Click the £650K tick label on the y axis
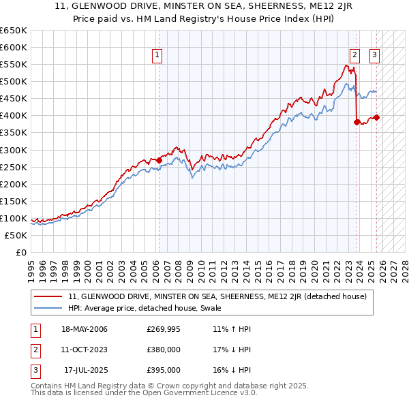pyautogui.click(x=14, y=31)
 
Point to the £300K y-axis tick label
pyautogui.click(x=14, y=150)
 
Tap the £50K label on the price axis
pyautogui.click(x=16, y=235)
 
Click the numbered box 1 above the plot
pyautogui.click(x=157, y=56)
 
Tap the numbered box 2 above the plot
pyautogui.click(x=355, y=56)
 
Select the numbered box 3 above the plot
pyautogui.click(x=375, y=56)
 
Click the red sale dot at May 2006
pyautogui.click(x=159, y=160)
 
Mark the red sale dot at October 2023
pyautogui.click(x=357, y=122)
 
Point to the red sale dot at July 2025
pyautogui.click(x=377, y=117)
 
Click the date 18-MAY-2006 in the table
pyautogui.click(x=85, y=330)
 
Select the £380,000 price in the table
pyautogui.click(x=164, y=350)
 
